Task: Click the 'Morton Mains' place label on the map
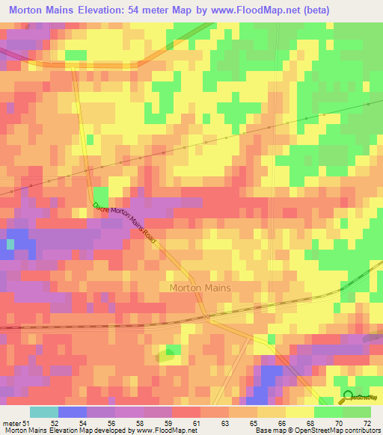click(x=200, y=287)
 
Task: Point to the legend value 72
click(x=367, y=423)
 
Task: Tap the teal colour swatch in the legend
click(x=44, y=412)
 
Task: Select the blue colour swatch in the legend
click(x=73, y=412)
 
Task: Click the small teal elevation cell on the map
click(x=10, y=244)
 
